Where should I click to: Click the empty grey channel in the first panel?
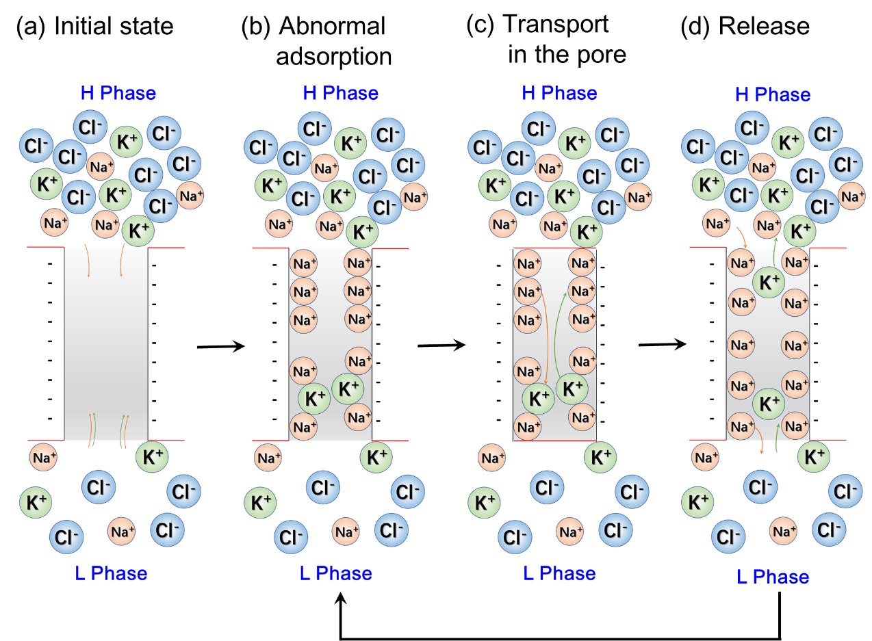pos(106,342)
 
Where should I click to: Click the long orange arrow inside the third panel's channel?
pos(546,335)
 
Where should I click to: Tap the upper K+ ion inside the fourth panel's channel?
pos(769,283)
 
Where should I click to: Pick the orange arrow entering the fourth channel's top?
pos(741,237)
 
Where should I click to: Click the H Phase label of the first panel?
pos(118,93)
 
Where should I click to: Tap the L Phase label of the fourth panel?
pos(773,577)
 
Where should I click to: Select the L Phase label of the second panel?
pos(336,573)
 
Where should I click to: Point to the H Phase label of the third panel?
pos(559,93)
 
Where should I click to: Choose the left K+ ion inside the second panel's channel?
pos(314,399)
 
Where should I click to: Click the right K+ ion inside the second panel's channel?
pos(348,389)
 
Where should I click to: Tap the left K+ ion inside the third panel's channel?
pos(538,399)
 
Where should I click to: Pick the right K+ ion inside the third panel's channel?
pos(572,389)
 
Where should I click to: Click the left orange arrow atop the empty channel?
pos(87,260)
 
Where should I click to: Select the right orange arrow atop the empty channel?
pos(122,260)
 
